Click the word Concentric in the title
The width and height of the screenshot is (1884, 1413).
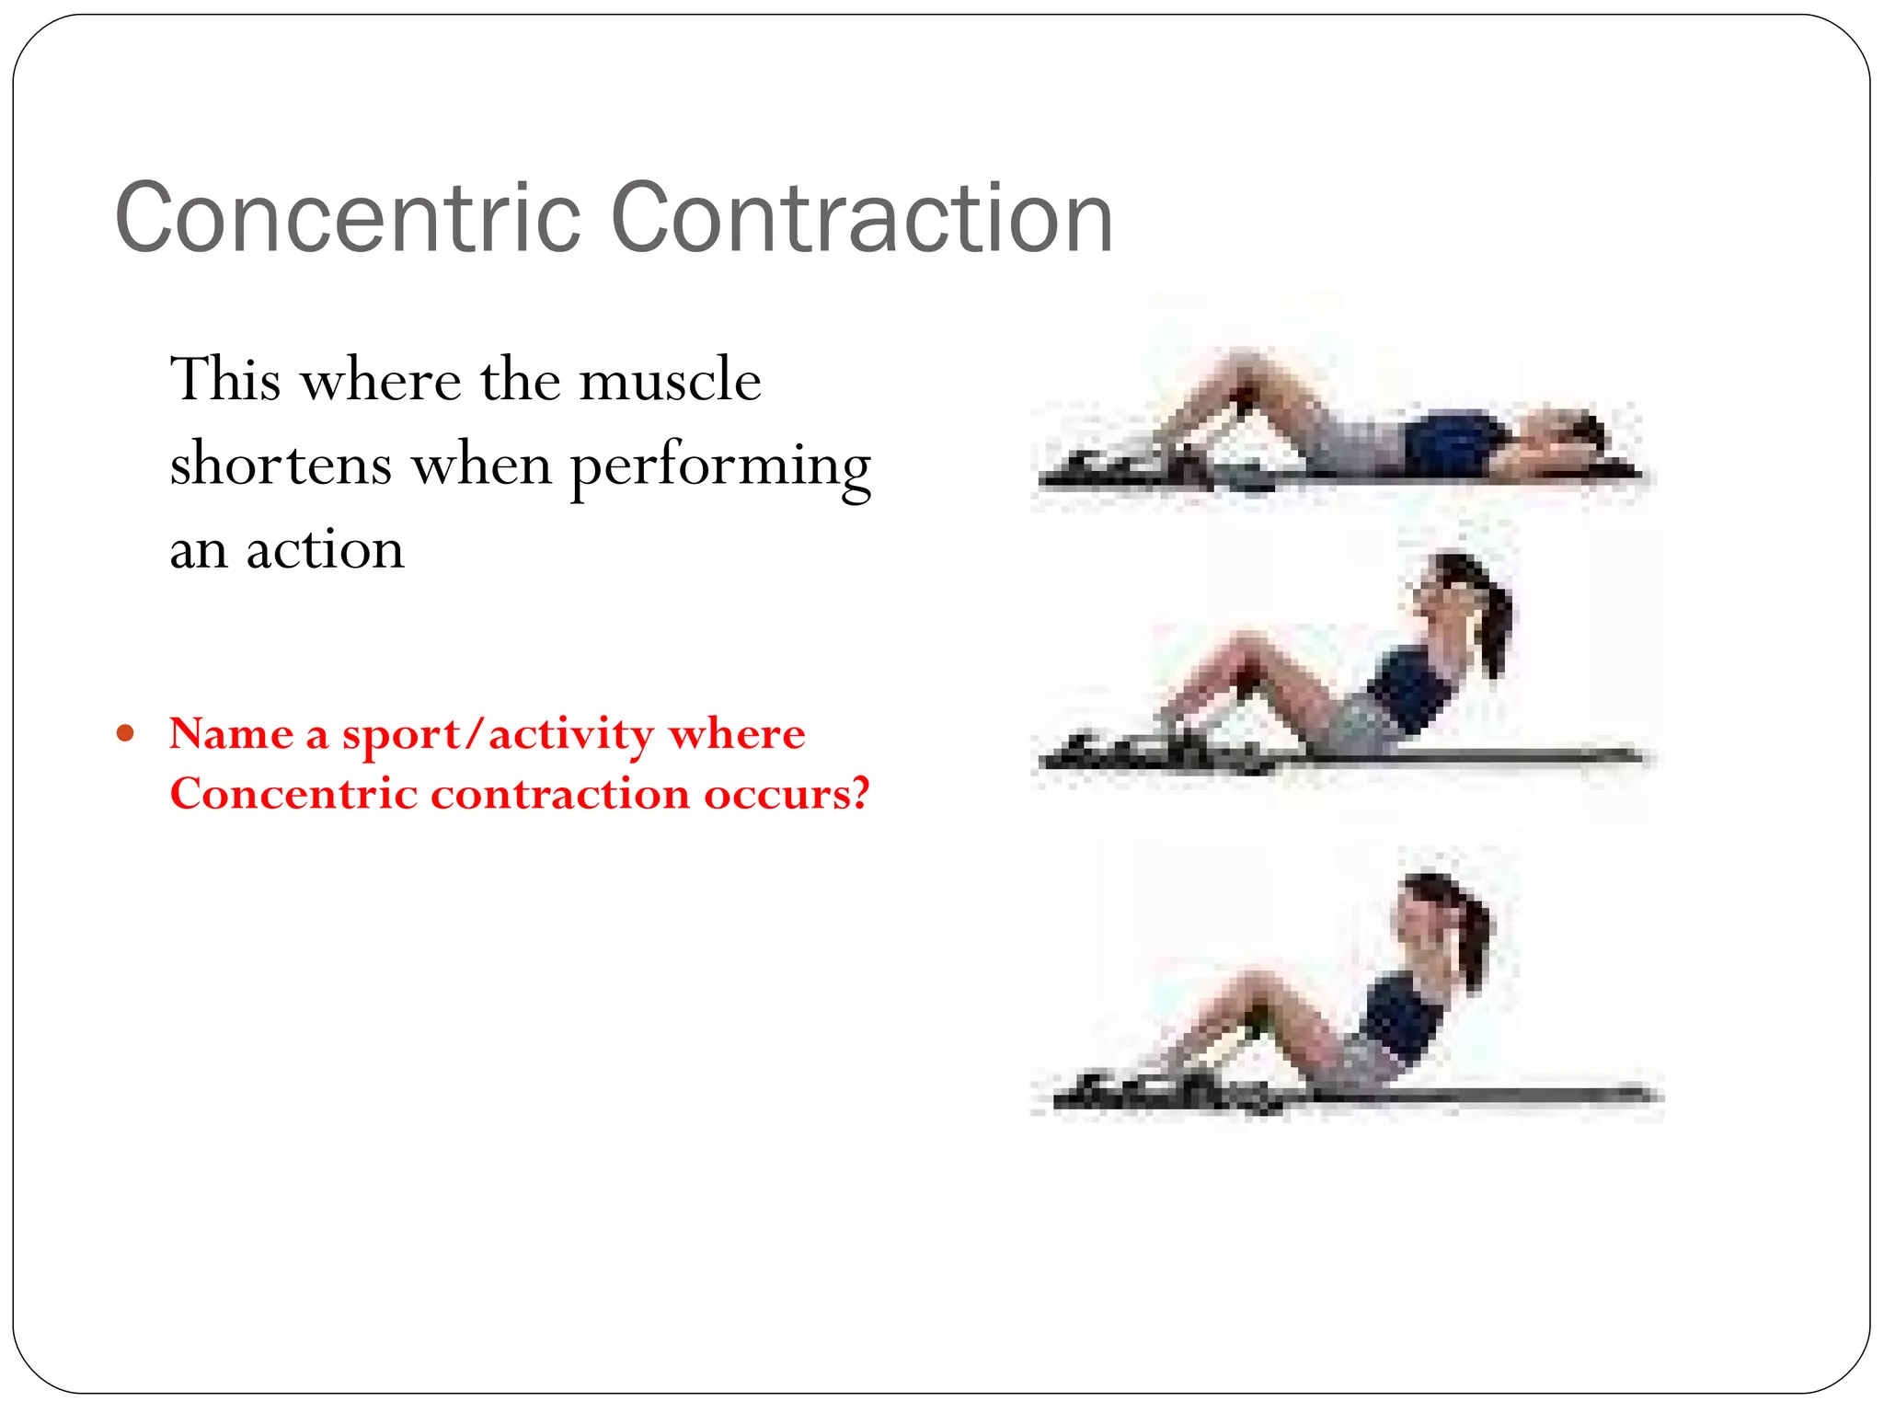(x=348, y=218)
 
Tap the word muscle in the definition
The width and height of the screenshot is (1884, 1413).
(x=670, y=380)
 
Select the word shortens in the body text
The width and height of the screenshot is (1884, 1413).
(x=281, y=464)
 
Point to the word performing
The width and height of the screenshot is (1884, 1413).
(x=720, y=467)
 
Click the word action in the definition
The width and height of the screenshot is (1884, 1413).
(x=325, y=549)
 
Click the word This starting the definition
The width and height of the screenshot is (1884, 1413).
(x=225, y=379)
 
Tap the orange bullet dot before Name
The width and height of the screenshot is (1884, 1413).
(x=126, y=734)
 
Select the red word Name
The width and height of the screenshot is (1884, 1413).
(x=231, y=734)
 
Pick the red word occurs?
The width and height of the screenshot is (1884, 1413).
(x=787, y=794)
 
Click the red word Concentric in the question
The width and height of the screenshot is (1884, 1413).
(x=293, y=794)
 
